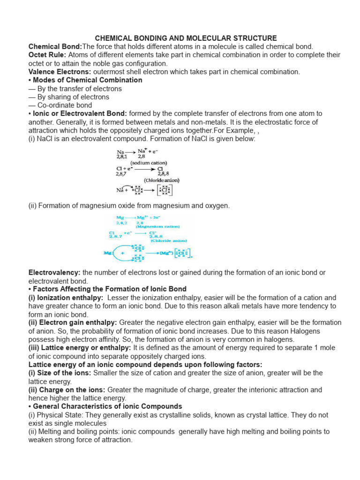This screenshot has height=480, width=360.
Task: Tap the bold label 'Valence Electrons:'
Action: (x=60, y=72)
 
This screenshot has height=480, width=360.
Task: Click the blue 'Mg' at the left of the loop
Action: (x=107, y=254)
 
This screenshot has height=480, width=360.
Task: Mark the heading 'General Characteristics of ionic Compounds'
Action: (x=107, y=406)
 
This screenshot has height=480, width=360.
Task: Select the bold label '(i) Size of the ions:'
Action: (x=60, y=373)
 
